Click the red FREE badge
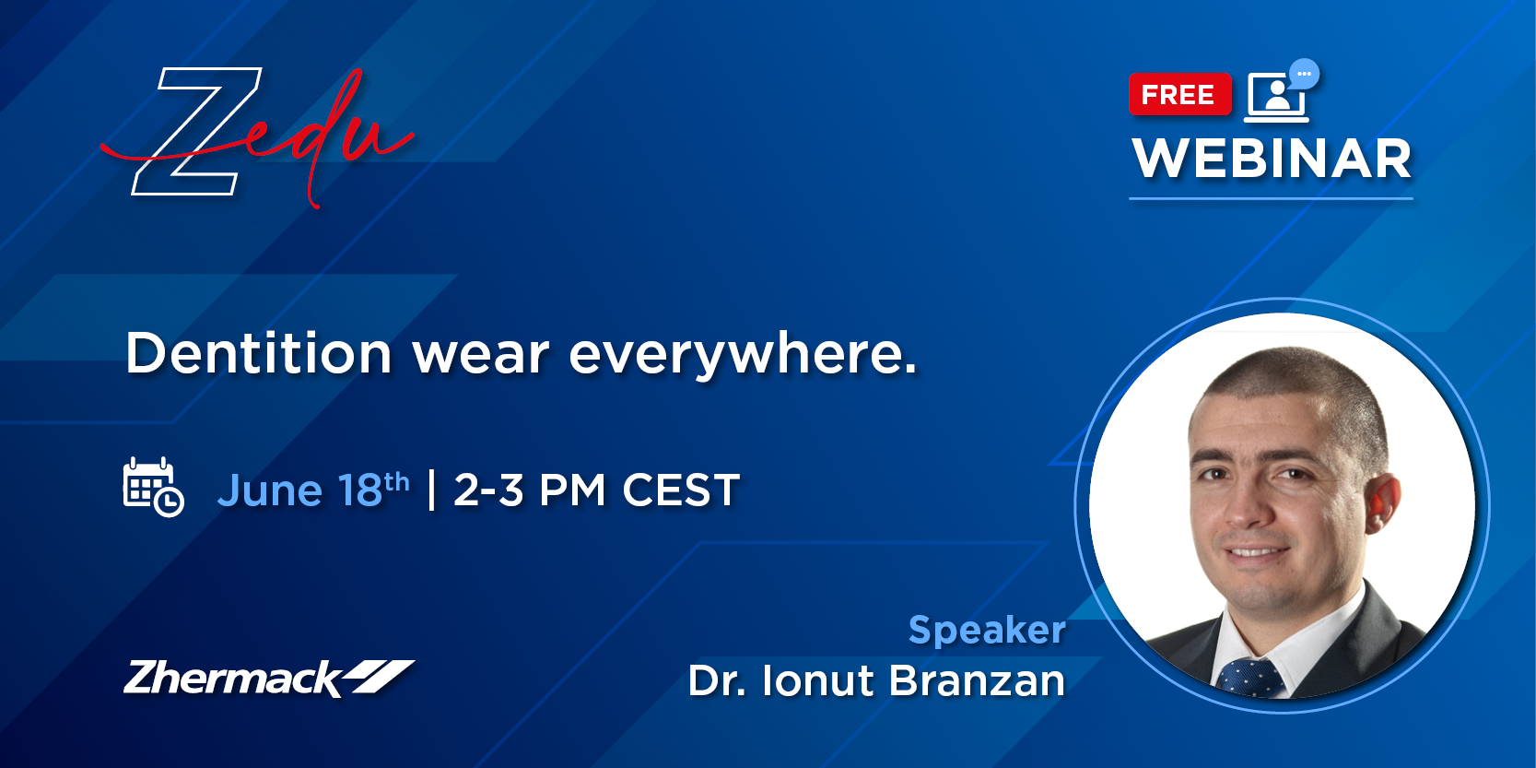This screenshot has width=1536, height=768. click(x=1179, y=94)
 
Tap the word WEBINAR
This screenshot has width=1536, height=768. click(x=1272, y=160)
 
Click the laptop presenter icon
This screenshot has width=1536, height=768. click(x=1277, y=98)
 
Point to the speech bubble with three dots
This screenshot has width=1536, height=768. click(x=1304, y=74)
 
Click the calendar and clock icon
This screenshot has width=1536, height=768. click(x=153, y=488)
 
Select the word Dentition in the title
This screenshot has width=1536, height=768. click(x=259, y=353)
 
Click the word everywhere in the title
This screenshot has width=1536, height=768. click(x=743, y=357)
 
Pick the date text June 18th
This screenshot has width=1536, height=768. click(x=313, y=490)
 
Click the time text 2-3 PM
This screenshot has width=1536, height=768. click(x=530, y=490)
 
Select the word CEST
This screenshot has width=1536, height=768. click(x=681, y=490)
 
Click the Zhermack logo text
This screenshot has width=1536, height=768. click(x=232, y=678)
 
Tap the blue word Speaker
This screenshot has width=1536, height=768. click(x=987, y=630)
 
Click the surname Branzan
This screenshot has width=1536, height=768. click(x=977, y=680)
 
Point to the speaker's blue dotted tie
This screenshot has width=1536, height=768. click(x=1249, y=678)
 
